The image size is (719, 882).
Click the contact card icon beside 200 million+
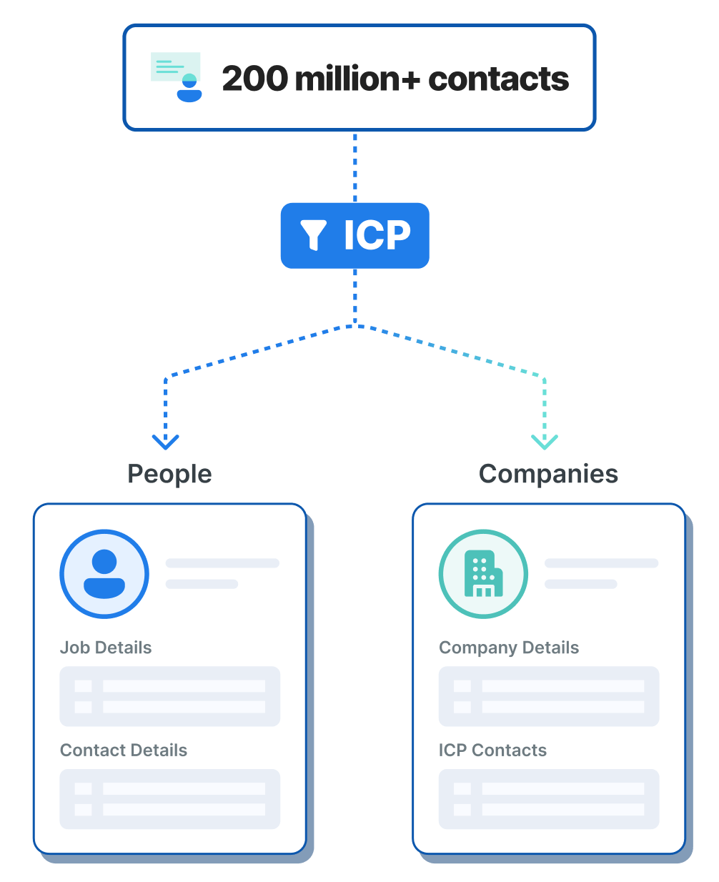(177, 77)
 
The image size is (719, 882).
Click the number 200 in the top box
(254, 79)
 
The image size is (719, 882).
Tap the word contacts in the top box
(498, 79)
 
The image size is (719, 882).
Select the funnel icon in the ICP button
(314, 235)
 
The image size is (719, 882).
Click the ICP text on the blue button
(377, 235)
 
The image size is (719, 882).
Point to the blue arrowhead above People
(166, 442)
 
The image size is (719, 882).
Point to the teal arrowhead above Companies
(545, 442)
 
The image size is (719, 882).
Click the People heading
(169, 474)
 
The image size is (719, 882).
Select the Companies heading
(548, 474)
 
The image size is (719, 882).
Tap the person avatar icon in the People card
(104, 573)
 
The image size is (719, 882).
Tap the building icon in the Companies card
(483, 573)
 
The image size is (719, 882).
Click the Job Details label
(106, 648)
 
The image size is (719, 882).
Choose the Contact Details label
(124, 750)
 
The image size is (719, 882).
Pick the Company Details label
(509, 648)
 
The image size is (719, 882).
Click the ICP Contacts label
(492, 750)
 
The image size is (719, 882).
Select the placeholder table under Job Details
(169, 696)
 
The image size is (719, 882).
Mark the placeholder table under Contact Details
(169, 799)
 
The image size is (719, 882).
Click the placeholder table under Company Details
(549, 696)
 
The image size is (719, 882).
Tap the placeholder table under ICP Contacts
(549, 799)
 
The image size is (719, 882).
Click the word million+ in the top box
(357, 79)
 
